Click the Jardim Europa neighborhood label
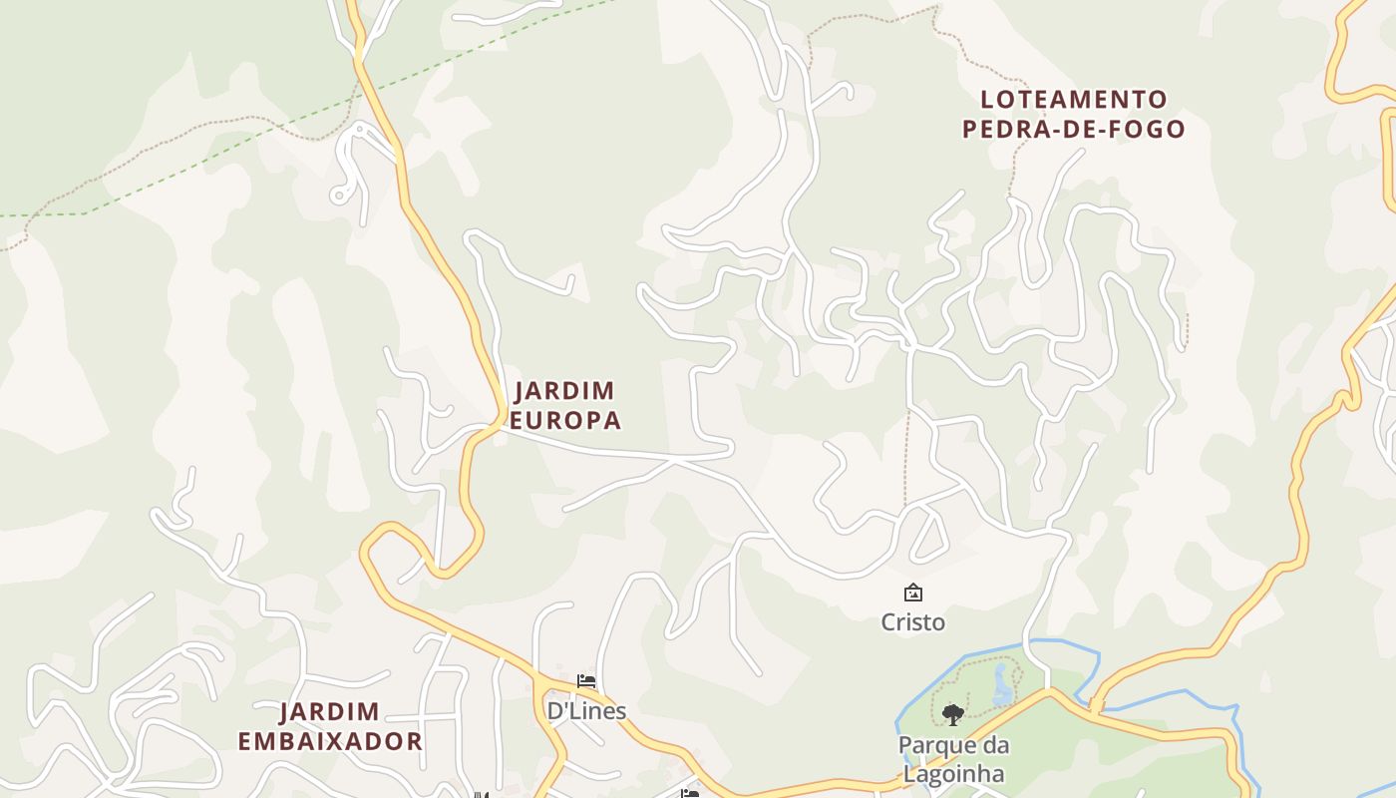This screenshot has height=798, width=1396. (x=564, y=405)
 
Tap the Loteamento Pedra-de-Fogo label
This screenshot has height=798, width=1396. (x=1074, y=114)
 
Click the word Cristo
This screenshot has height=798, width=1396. (x=912, y=622)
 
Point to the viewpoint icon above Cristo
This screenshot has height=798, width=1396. (x=912, y=594)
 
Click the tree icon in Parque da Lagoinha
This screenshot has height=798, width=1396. (x=953, y=713)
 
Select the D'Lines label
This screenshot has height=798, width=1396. (x=586, y=710)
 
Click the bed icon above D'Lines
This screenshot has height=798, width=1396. (x=586, y=681)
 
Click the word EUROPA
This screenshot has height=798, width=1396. (x=564, y=420)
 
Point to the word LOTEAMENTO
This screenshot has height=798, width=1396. (x=1074, y=100)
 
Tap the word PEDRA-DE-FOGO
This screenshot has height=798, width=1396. (x=1074, y=129)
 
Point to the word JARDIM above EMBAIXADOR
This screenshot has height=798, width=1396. (x=329, y=712)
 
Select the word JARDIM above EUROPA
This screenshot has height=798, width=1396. (x=564, y=390)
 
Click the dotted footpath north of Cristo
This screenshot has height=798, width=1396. (x=906, y=459)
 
